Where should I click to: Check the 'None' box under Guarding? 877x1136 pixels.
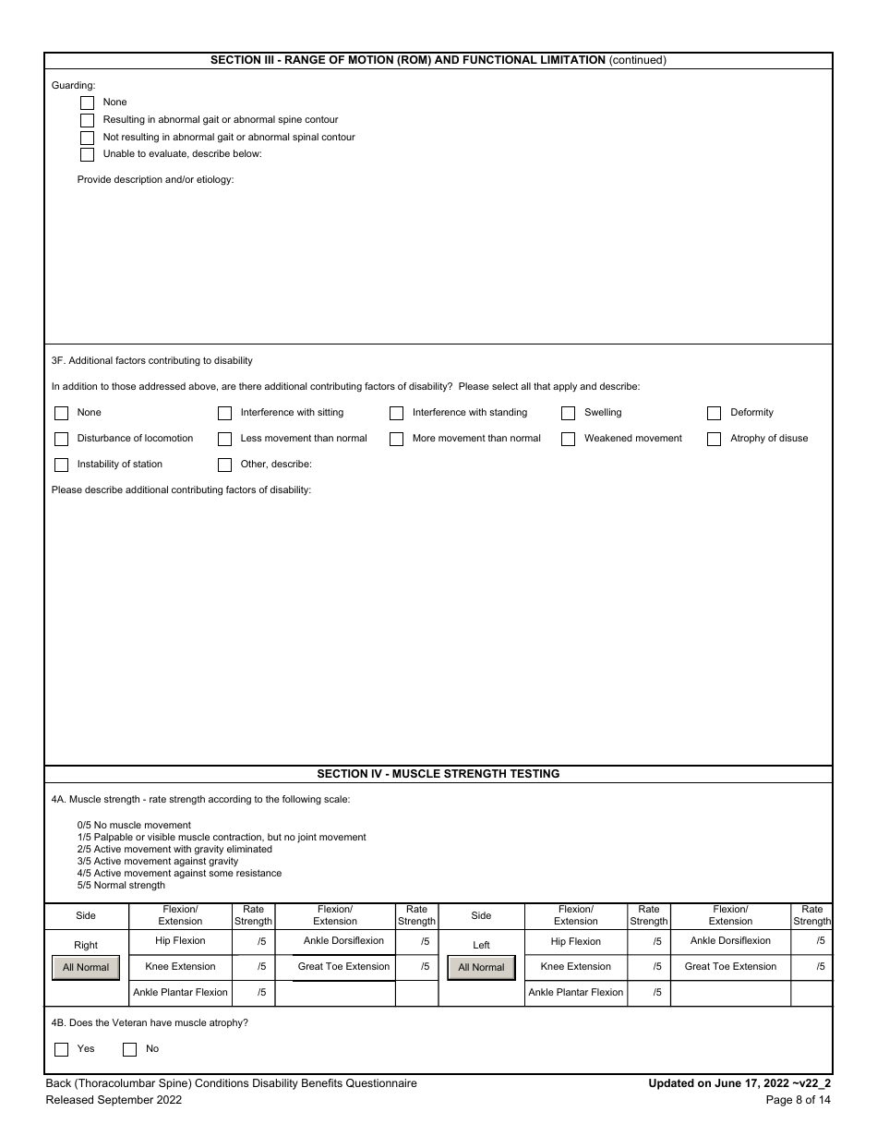(x=88, y=103)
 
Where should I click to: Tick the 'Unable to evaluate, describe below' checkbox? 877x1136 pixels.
(x=88, y=154)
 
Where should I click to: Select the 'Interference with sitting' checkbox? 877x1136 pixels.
(x=225, y=413)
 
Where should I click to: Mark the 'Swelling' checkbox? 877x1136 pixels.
(x=569, y=413)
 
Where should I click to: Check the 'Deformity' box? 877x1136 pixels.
(x=715, y=413)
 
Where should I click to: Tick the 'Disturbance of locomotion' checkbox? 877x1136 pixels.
(x=62, y=439)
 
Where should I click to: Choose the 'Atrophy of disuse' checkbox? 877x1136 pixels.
(x=715, y=439)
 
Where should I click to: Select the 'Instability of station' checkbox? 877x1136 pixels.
(x=62, y=465)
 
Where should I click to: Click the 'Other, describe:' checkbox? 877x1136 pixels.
(x=225, y=465)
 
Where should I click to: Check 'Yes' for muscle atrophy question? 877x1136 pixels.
(x=62, y=1049)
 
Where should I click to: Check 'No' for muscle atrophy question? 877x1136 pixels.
(x=130, y=1049)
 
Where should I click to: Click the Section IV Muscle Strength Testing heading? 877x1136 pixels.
(x=438, y=774)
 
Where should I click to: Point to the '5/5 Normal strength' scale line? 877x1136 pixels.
(x=121, y=885)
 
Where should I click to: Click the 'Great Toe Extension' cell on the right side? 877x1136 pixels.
(x=343, y=967)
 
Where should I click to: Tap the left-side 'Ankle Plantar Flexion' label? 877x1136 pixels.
(x=575, y=993)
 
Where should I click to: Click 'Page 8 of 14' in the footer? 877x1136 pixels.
(x=799, y=1099)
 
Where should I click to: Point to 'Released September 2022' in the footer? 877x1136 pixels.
(x=114, y=1099)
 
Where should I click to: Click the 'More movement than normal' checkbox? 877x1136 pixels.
(x=397, y=439)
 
